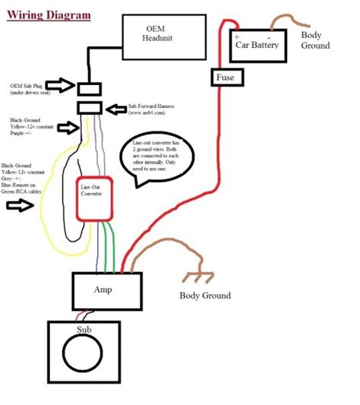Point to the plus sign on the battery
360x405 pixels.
click(x=237, y=36)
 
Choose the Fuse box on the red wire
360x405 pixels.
click(x=225, y=77)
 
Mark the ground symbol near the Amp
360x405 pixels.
click(x=194, y=277)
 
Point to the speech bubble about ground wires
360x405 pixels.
click(x=156, y=159)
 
